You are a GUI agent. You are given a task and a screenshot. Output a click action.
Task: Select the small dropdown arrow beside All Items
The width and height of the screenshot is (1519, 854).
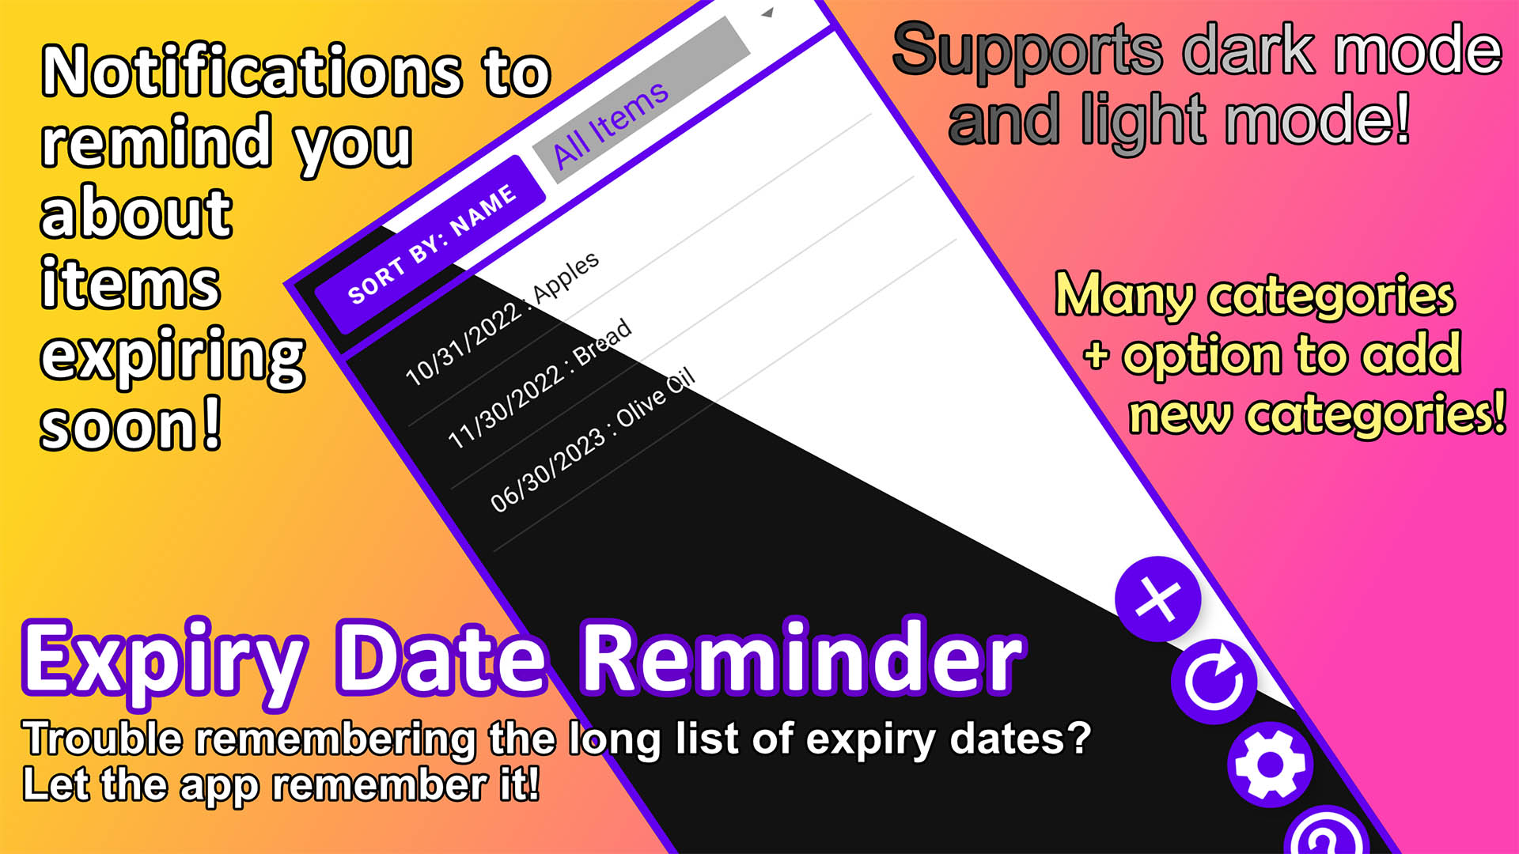click(767, 13)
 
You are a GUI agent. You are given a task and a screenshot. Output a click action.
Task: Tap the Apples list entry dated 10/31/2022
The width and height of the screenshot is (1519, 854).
click(502, 319)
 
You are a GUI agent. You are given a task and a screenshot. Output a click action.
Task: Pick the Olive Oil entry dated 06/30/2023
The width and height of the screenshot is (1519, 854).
click(593, 440)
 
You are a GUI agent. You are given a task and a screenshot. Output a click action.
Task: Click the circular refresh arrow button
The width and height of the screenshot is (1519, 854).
click(1214, 682)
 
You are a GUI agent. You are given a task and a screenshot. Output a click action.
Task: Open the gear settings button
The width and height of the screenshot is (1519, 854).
click(1271, 765)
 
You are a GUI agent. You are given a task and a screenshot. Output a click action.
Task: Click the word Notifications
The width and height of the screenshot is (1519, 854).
click(252, 72)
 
